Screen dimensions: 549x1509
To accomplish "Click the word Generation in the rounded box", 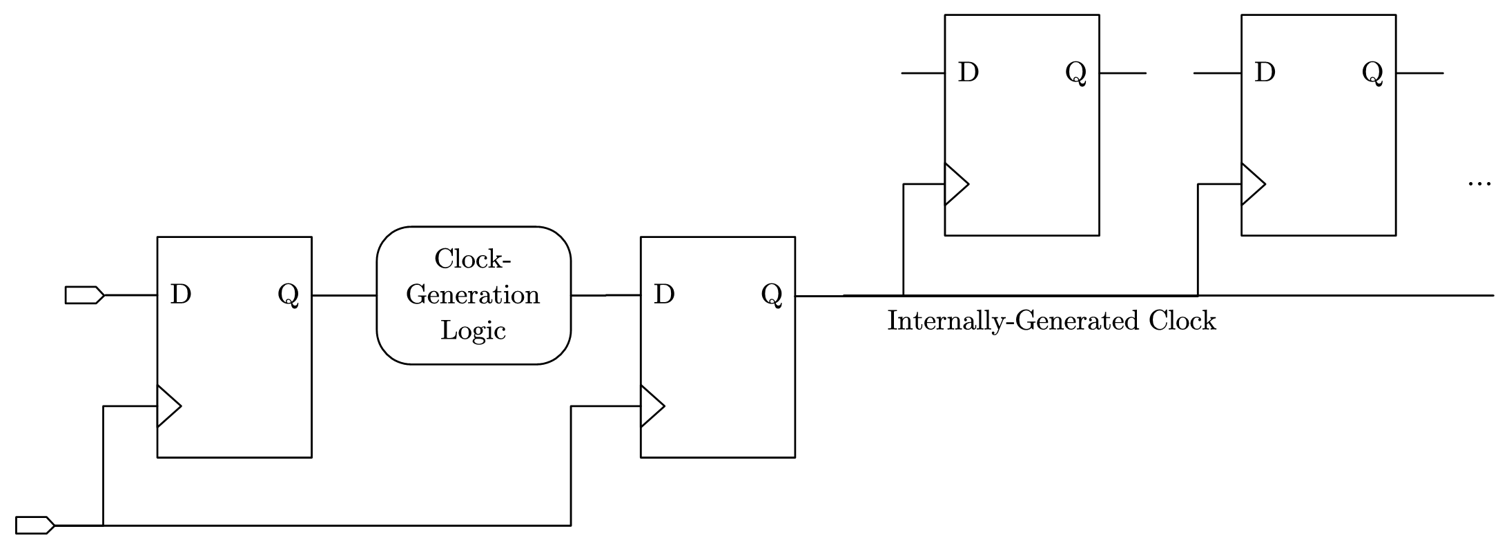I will pos(473,295).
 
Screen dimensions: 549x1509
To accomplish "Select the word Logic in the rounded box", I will pos(473,330).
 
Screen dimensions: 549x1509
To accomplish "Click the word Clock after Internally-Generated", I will pos(1182,321).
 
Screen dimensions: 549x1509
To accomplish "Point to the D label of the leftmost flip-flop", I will pos(180,295).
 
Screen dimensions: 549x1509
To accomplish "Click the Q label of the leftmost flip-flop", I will pos(288,295).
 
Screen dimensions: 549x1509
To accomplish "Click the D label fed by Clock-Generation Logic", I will pos(663,295).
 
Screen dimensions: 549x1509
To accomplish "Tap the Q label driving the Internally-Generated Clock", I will pos(772,295).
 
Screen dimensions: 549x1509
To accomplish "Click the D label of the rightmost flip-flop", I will pos(1265,72).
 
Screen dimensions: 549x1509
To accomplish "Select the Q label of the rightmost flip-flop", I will pos(1372,72).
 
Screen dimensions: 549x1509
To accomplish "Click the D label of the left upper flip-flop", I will pos(968,72).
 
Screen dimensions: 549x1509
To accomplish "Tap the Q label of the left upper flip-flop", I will pos(1075,72).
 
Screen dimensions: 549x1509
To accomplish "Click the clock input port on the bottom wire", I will pos(35,525).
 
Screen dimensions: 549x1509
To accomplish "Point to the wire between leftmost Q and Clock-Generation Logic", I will pos(344,295).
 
